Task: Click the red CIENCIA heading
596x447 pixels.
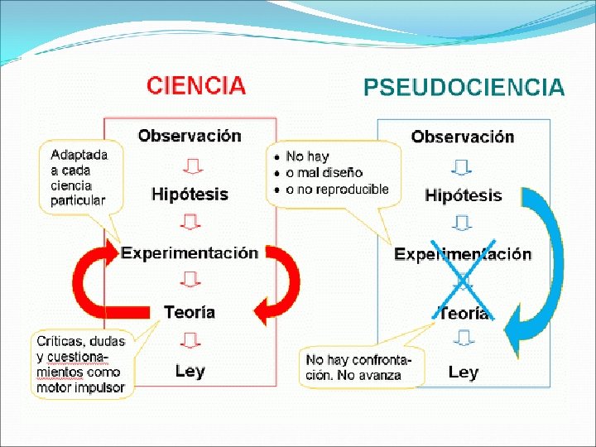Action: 196,85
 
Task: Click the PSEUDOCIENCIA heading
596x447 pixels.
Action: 464,88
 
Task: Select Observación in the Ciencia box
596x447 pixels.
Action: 190,136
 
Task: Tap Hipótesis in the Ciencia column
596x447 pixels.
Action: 190,195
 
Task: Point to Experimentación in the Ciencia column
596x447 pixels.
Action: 190,253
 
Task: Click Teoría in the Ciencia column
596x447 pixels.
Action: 190,312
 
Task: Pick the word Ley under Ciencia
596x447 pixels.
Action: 190,371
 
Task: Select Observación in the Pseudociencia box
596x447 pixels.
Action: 463,137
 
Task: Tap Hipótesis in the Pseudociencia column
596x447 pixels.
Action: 463,195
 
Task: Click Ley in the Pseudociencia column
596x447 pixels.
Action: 463,372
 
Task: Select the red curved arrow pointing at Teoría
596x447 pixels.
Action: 281,286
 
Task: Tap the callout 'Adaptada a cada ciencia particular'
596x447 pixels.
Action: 79,177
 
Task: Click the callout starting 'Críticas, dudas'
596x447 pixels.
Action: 81,364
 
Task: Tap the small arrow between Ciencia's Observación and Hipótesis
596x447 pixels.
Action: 190,166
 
